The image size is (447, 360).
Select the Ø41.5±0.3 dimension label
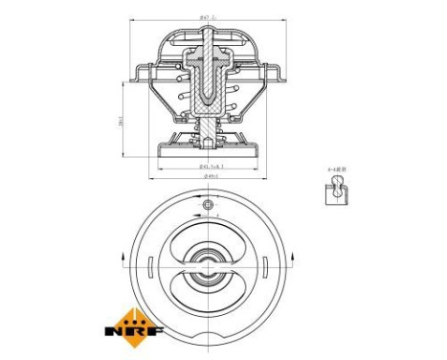(209, 168)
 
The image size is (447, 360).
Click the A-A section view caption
(336, 169)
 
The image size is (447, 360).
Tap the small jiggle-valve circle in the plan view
(208, 205)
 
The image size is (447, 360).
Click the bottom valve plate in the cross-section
(208, 150)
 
